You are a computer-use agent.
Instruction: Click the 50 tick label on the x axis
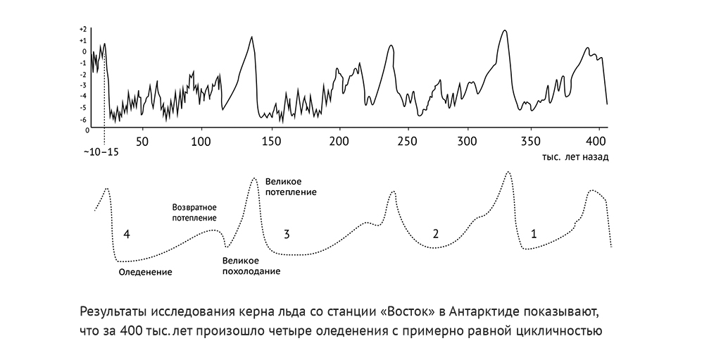(143, 141)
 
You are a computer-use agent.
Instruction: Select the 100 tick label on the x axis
(202, 141)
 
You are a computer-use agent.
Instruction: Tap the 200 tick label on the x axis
(340, 141)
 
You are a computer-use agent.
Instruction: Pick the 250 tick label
(408, 141)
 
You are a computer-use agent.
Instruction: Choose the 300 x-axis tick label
(468, 141)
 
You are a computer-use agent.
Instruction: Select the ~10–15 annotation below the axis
(101, 152)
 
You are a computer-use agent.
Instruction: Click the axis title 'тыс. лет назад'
(575, 157)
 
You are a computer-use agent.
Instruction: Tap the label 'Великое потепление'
(290, 187)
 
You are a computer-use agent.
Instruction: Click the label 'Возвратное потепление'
(194, 213)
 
